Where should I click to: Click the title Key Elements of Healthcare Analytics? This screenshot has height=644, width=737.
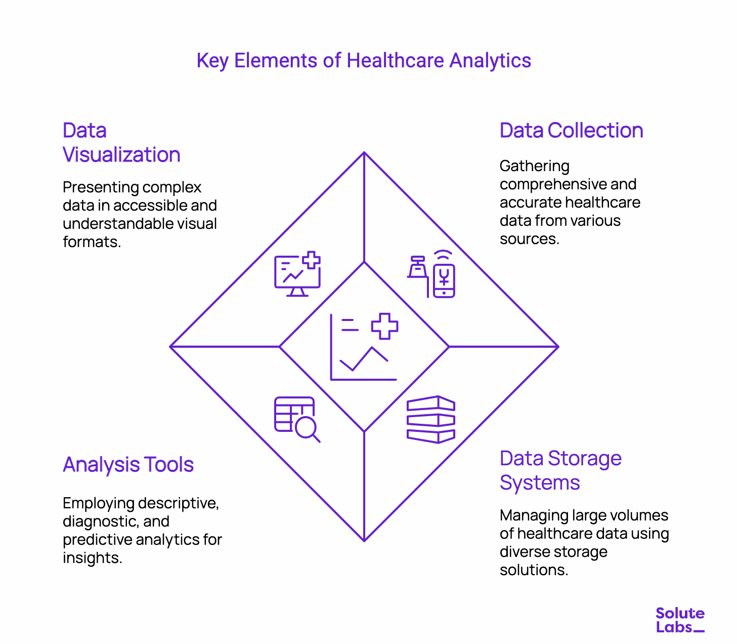(364, 61)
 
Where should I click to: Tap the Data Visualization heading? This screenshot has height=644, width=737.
(121, 143)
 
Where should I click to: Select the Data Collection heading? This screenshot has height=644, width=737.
(571, 131)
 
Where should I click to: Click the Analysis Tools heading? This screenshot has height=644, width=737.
(128, 465)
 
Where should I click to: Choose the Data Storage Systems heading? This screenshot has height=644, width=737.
(560, 471)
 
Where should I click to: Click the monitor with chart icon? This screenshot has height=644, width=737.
(297, 274)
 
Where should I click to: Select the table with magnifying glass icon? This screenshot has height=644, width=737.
(296, 419)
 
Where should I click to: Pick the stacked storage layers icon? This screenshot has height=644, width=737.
(430, 419)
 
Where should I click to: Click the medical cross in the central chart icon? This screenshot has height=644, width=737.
(384, 326)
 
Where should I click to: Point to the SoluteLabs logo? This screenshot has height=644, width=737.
(680, 620)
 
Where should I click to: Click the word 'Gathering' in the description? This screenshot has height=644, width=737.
(534, 166)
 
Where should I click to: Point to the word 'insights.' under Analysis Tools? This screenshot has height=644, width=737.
(92, 558)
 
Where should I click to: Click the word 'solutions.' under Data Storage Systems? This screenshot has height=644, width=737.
(534, 570)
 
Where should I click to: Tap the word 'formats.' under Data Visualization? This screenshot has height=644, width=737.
(92, 242)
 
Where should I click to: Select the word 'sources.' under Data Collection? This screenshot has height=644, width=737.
(529, 239)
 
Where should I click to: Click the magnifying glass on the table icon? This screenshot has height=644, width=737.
(307, 429)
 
